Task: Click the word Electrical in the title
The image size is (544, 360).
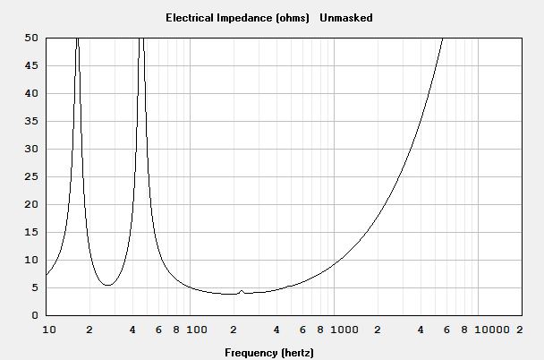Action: point(190,18)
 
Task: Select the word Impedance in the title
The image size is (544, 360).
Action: point(244,18)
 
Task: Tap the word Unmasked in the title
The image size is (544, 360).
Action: point(346,18)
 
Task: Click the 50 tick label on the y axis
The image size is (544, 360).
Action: point(31,38)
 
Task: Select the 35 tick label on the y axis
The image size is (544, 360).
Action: point(31,121)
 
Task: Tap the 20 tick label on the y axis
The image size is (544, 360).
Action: point(31,204)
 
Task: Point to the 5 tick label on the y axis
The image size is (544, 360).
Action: point(35,287)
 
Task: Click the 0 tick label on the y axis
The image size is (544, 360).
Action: point(35,315)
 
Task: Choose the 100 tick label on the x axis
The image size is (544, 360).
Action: point(196,330)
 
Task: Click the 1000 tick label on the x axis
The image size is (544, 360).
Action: point(344,330)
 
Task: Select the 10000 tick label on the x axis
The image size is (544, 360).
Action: point(491,330)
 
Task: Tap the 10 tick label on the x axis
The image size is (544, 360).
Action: point(49,330)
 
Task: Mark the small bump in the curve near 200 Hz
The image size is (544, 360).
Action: point(242,291)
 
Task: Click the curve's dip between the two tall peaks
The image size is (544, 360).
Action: point(108,285)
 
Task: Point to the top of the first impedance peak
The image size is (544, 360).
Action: point(77,39)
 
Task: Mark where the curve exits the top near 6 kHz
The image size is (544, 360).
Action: point(442,39)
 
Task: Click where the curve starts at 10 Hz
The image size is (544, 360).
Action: point(47,275)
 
